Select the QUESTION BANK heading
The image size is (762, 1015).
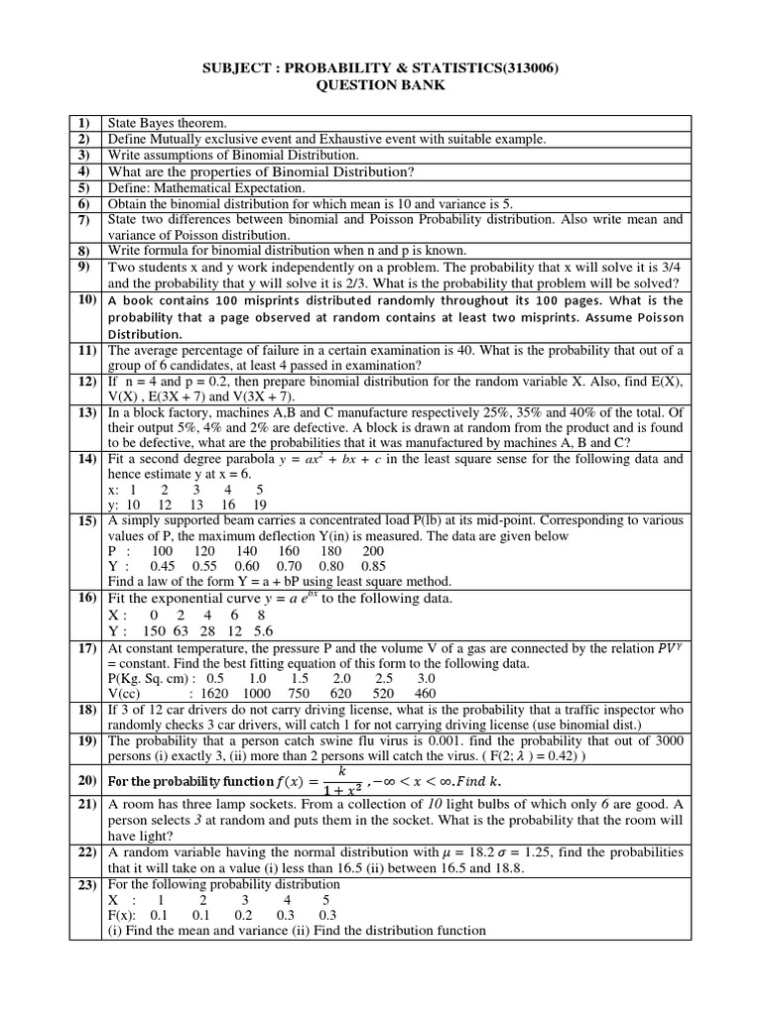[380, 85]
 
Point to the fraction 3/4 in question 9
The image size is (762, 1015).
[672, 268]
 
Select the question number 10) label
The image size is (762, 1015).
[85, 300]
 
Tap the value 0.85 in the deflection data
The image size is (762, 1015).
[374, 566]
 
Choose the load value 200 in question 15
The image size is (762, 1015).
[373, 551]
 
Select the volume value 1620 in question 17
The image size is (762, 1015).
[215, 694]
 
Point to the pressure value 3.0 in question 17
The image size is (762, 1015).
[426, 679]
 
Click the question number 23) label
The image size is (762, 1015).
[85, 884]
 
